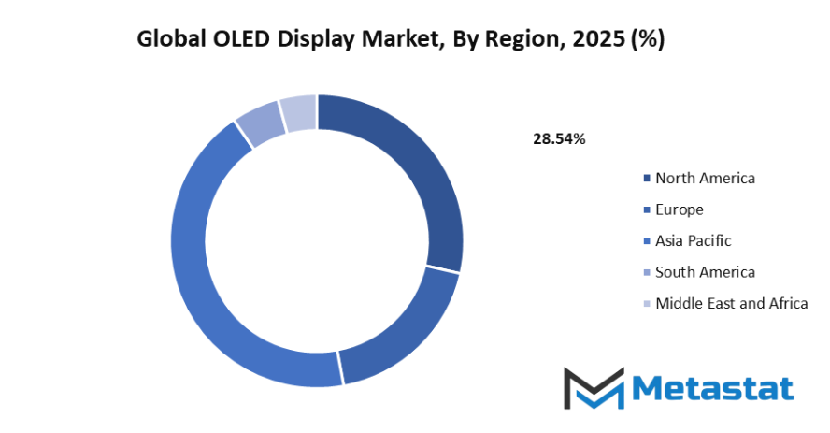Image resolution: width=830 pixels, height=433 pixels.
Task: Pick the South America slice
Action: click(261, 125)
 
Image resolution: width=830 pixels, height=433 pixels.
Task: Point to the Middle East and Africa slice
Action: click(298, 113)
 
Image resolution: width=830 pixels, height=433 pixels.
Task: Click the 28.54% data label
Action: click(559, 139)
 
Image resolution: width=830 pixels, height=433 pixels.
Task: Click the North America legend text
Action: click(705, 178)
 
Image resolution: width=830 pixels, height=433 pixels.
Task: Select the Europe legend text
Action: click(680, 209)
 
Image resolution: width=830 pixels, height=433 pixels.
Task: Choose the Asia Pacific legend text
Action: click(694, 240)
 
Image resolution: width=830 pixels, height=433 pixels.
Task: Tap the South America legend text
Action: click(705, 272)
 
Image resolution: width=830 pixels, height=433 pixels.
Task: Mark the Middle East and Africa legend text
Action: click(731, 303)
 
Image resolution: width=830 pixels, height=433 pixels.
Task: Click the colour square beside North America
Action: click(647, 179)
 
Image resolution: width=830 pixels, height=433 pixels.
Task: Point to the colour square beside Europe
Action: click(647, 210)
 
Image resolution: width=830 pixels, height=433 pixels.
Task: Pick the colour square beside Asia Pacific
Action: click(647, 241)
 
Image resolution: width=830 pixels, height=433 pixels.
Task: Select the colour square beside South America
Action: click(647, 273)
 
